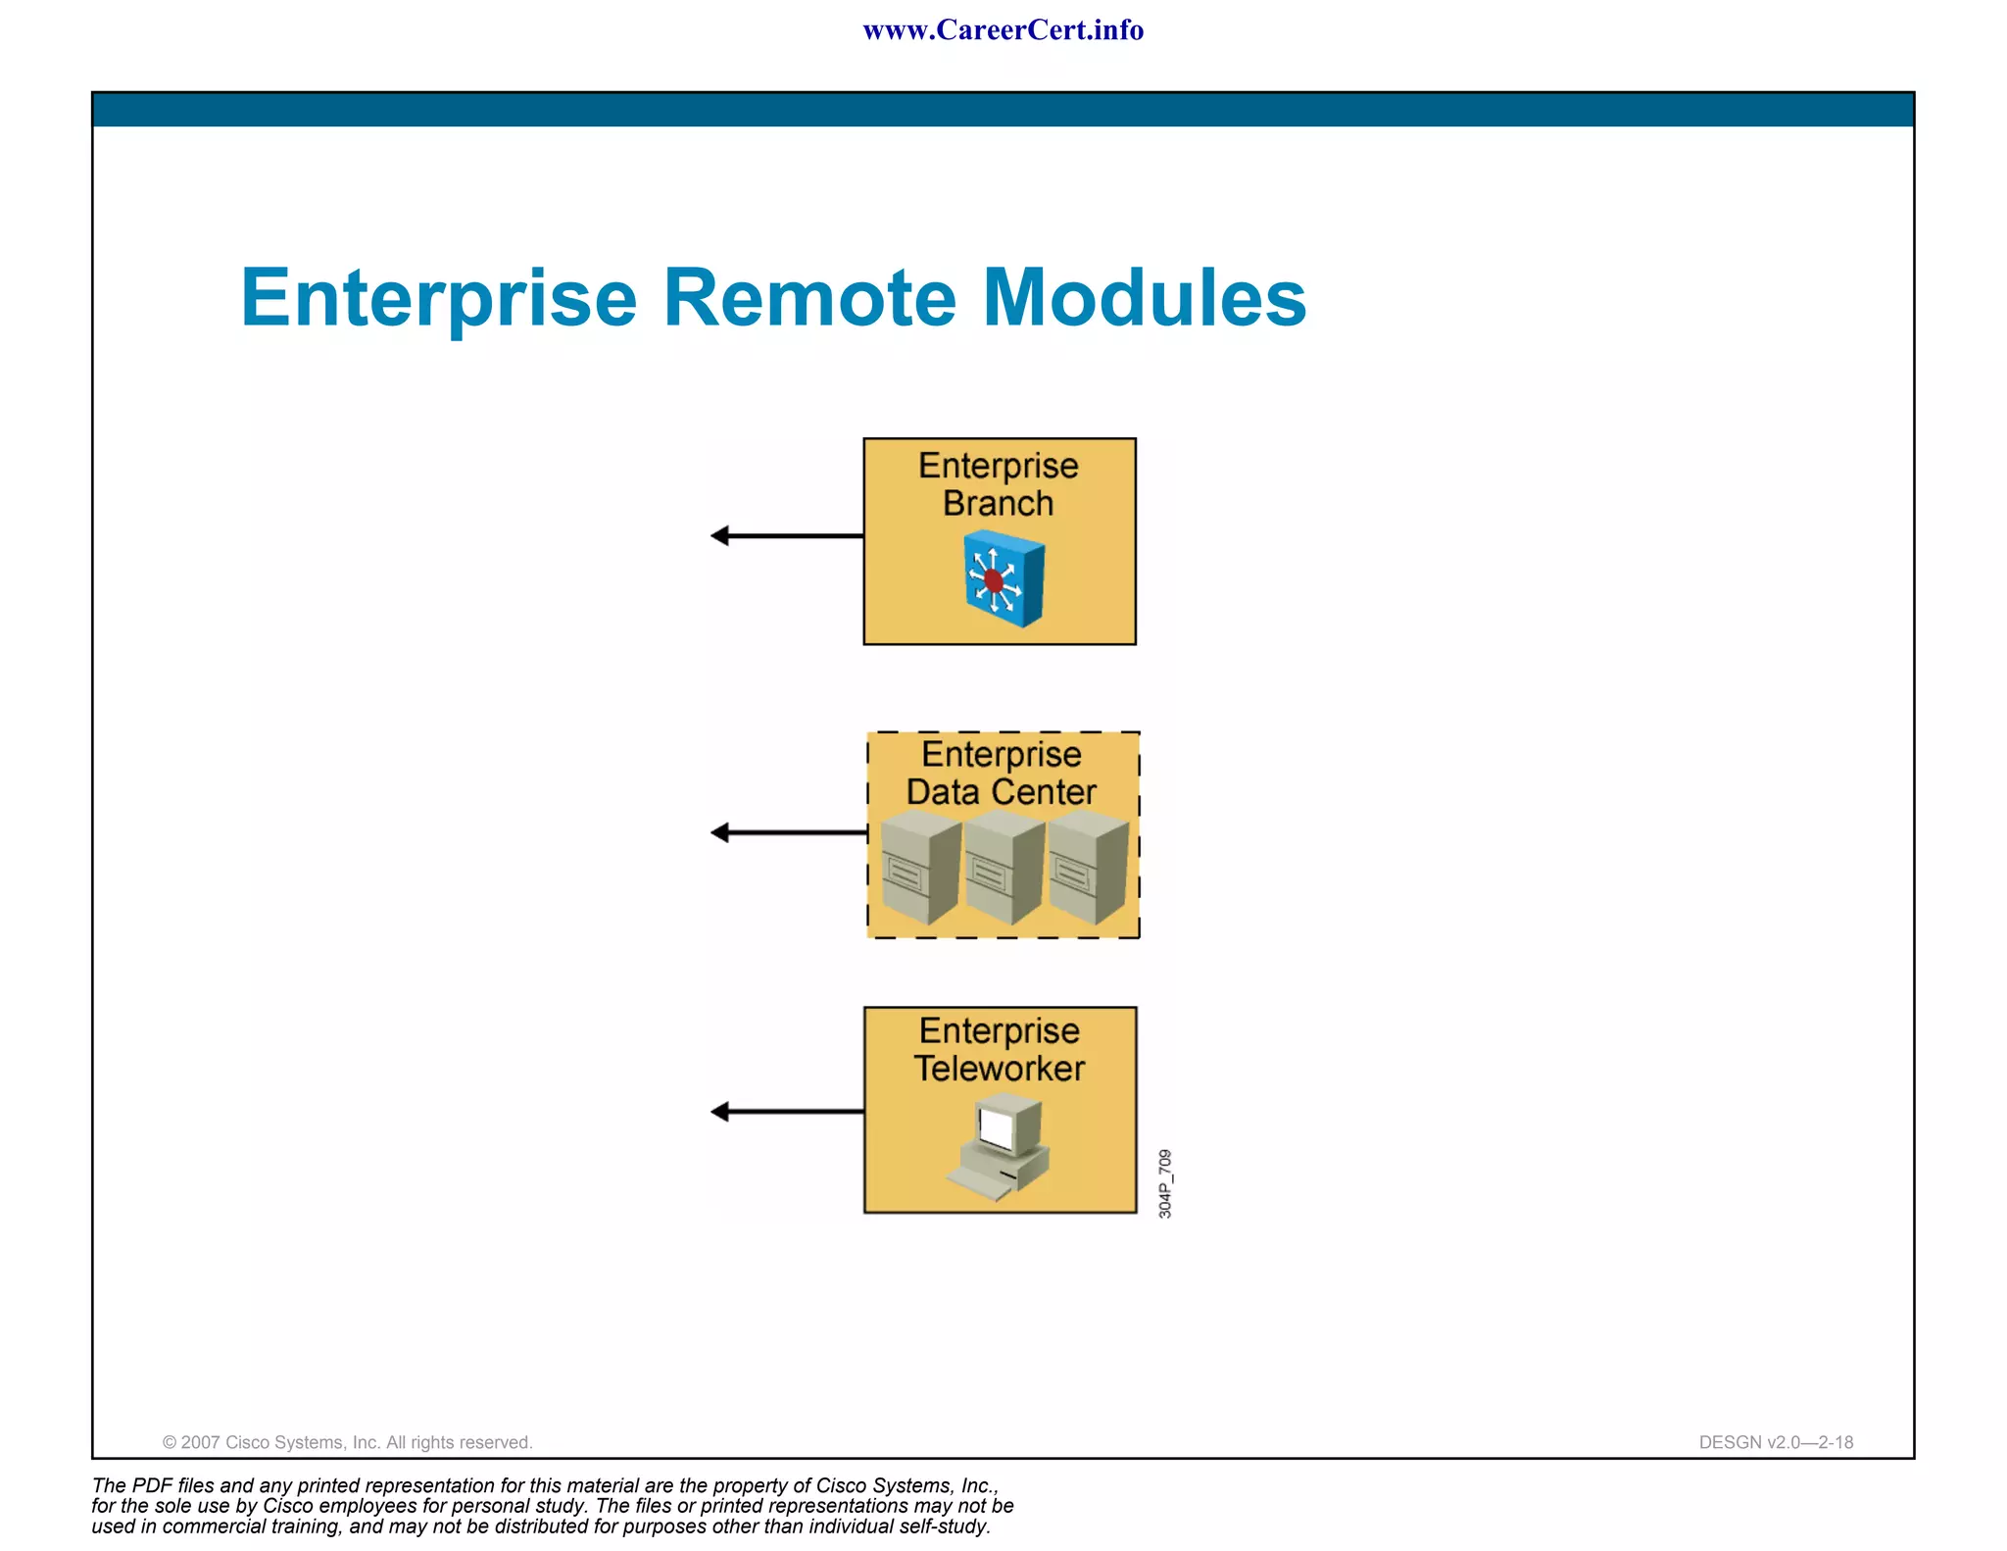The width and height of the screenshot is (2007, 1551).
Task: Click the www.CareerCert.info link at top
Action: (x=1003, y=30)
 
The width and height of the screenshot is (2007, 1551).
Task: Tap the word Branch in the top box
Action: (x=998, y=504)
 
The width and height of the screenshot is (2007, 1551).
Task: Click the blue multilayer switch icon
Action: (x=1003, y=578)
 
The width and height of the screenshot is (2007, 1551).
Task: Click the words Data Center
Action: (x=1001, y=792)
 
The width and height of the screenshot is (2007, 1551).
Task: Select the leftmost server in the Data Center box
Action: (x=920, y=868)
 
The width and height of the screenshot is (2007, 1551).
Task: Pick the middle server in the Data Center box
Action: (x=1003, y=868)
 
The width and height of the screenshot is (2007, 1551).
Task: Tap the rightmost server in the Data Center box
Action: (x=1087, y=868)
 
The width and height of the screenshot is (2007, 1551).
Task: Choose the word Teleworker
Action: (x=1000, y=1069)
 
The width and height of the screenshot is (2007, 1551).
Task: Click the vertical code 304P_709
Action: (x=1164, y=1183)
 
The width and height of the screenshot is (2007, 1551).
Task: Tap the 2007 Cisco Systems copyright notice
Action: (x=347, y=1442)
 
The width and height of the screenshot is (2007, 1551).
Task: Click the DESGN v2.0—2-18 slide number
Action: (x=1776, y=1442)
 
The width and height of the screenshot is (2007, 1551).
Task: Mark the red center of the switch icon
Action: (x=994, y=581)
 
